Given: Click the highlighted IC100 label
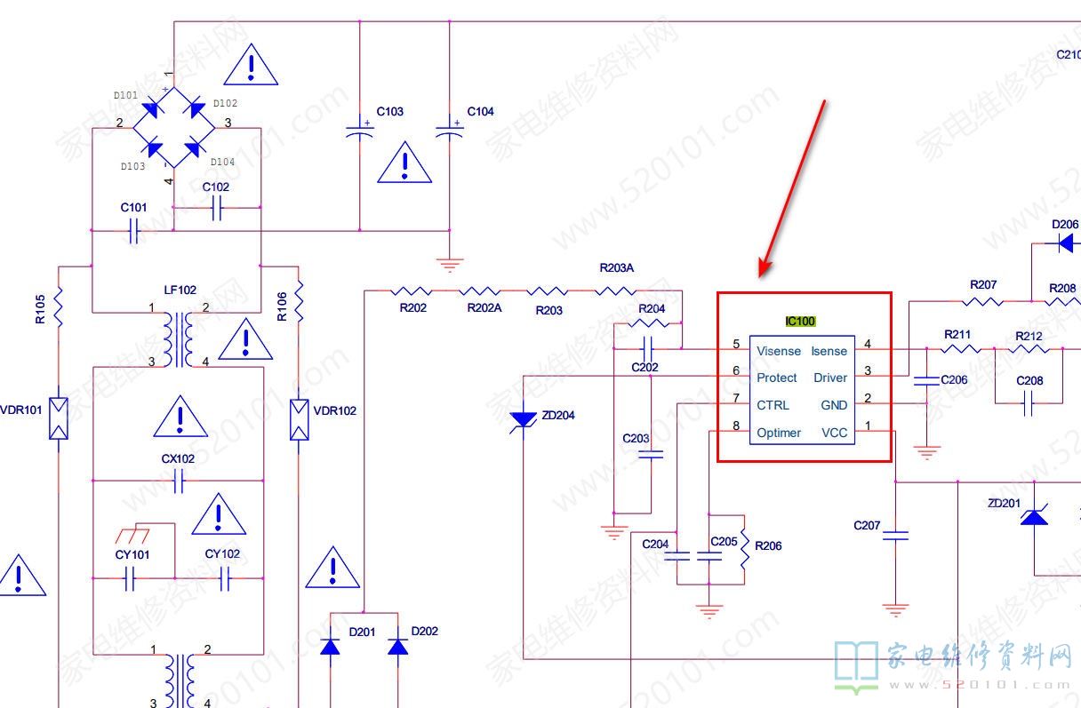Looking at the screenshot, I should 800,321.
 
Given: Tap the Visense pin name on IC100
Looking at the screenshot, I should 778,351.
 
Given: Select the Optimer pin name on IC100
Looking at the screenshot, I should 779,433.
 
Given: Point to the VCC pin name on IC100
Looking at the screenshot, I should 834,433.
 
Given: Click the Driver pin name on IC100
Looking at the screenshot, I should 829,378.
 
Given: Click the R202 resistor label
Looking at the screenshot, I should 412,307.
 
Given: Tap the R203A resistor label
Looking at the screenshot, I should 616,267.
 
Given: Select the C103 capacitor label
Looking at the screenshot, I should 389,112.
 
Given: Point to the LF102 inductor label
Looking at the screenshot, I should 180,290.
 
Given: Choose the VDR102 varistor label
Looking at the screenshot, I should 335,410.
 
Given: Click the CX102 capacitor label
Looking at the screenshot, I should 178,458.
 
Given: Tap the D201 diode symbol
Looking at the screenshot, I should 330,647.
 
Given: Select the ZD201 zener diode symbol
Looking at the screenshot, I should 1033,515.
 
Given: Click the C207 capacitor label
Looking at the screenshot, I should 867,525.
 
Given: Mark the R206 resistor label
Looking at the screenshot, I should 768,545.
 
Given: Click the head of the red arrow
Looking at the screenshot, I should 762,273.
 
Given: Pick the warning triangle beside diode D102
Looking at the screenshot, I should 252,65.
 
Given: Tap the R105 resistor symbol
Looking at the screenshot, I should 59,306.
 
